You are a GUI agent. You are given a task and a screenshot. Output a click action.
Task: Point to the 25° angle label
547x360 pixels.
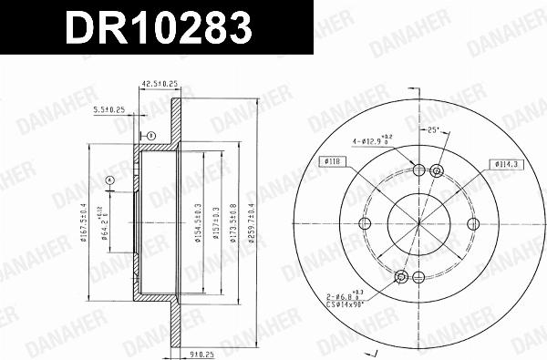pos(434,130)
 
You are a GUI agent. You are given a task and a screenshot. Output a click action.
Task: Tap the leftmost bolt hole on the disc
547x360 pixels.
pos(366,223)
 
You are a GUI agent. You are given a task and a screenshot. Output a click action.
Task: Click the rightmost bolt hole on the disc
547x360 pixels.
pos(472,223)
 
